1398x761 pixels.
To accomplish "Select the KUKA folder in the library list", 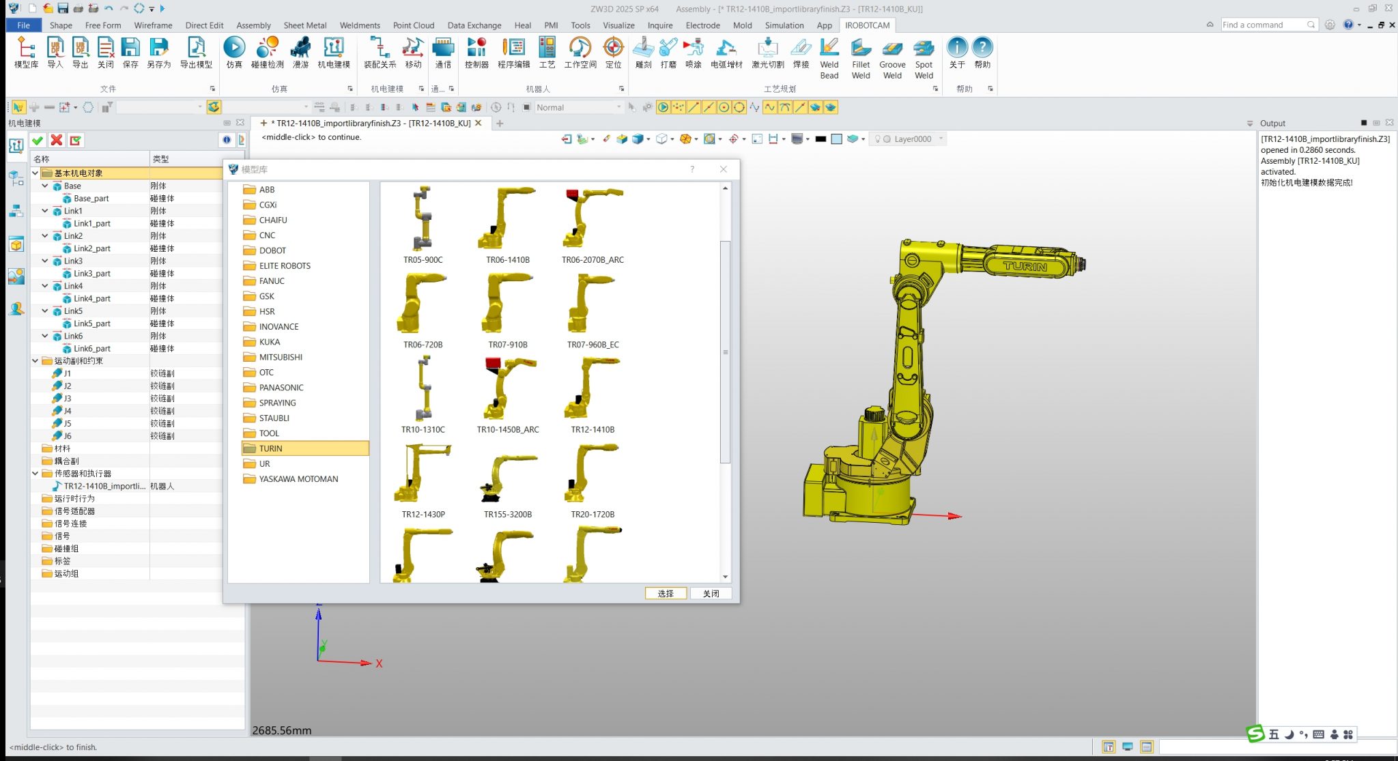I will [269, 342].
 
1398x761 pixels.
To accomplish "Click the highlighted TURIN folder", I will [270, 448].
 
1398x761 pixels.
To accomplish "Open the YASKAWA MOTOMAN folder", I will [298, 479].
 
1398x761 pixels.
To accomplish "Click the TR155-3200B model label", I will [508, 515].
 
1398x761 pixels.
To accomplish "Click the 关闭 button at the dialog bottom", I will [711, 593].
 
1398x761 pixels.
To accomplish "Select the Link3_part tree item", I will [92, 274].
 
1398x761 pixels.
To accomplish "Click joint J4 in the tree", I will [68, 411].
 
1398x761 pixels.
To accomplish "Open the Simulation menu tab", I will [784, 25].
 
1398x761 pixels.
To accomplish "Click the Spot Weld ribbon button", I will [924, 57].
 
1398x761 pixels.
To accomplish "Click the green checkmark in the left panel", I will [38, 141].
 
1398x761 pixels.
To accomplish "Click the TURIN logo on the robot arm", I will [1025, 266].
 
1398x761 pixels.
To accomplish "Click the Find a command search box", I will [1264, 25].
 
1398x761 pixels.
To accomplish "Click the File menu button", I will [23, 25].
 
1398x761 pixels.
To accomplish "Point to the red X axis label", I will [379, 663].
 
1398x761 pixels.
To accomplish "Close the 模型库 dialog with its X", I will [724, 169].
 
